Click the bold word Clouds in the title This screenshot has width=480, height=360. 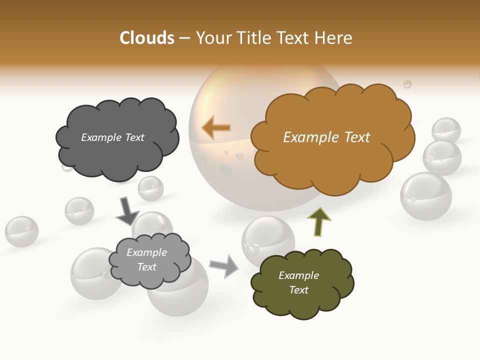click(147, 38)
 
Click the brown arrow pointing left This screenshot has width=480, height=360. click(216, 128)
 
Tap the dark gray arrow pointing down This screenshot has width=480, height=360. click(127, 211)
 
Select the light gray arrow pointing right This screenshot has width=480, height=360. click(224, 265)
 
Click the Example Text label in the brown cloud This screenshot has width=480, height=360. click(326, 137)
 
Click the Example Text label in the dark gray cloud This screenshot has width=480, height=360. click(112, 137)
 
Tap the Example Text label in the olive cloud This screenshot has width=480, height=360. click(298, 282)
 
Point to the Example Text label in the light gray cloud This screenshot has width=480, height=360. click(146, 259)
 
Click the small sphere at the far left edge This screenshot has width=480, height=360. click(21, 231)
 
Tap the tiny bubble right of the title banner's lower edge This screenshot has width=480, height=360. click(407, 84)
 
